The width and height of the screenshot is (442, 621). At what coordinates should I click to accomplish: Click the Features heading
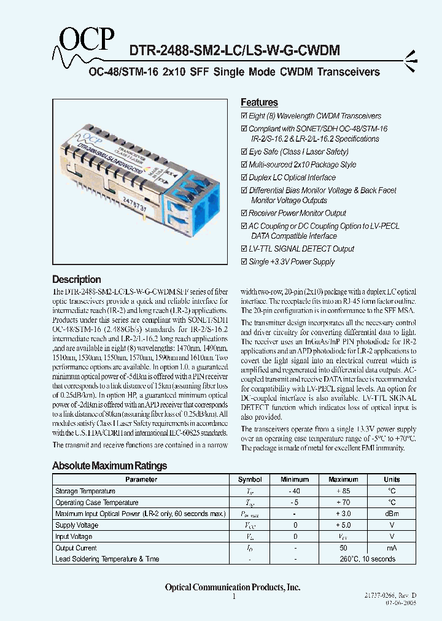259,102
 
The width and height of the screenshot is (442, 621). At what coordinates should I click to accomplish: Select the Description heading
76,279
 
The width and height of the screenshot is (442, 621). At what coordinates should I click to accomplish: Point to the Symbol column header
250,480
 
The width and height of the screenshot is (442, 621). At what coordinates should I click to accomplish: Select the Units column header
392,480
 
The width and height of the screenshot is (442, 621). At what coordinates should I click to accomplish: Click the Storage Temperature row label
85,492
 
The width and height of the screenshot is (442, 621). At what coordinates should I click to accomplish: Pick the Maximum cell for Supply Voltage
343,525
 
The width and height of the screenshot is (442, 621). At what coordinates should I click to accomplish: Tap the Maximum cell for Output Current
343,548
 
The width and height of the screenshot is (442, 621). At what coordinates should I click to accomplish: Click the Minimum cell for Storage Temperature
295,492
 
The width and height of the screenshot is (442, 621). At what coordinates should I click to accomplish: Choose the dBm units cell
392,514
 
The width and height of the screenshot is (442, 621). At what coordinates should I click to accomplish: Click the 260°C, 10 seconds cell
367,559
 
